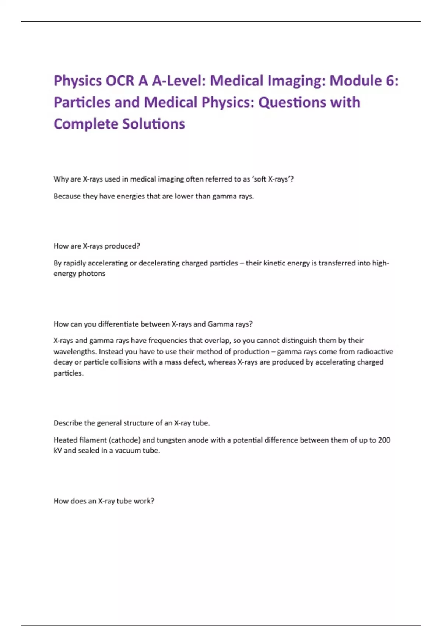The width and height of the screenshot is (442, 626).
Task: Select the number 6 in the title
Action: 390,81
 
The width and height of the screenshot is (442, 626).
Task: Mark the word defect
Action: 194,362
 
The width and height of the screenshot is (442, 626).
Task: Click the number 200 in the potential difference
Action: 384,440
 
